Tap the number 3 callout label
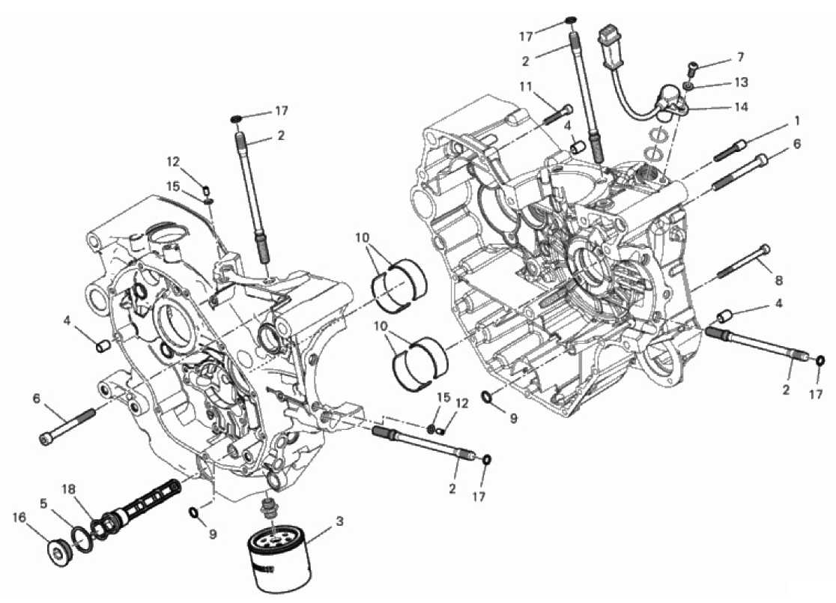pos(339,521)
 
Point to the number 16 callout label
pos(19,518)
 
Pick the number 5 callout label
pos(43,502)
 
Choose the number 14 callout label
pos(742,106)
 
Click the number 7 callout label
pos(740,56)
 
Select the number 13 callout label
pos(742,82)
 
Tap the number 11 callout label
pos(526,86)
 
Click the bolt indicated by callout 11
pos(558,115)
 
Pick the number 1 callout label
pos(797,121)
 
